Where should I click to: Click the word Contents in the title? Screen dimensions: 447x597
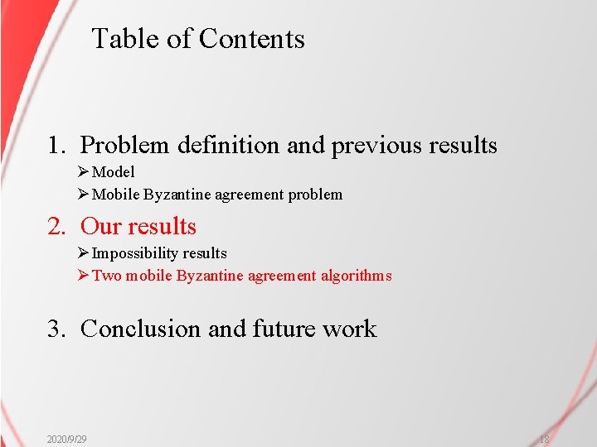(252, 39)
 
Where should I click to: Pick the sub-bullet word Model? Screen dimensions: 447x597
(114, 172)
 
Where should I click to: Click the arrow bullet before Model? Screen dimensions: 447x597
(82, 172)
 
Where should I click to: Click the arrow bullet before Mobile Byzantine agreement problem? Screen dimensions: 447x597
(82, 195)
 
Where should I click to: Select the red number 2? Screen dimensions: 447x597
(56, 227)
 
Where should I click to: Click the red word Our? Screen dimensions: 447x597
(101, 227)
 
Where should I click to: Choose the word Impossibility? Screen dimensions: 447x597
(135, 253)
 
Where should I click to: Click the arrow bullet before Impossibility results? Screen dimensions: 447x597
(82, 253)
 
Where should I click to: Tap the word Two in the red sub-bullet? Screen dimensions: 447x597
(106, 276)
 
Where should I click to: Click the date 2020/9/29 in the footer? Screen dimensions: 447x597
(67, 439)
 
